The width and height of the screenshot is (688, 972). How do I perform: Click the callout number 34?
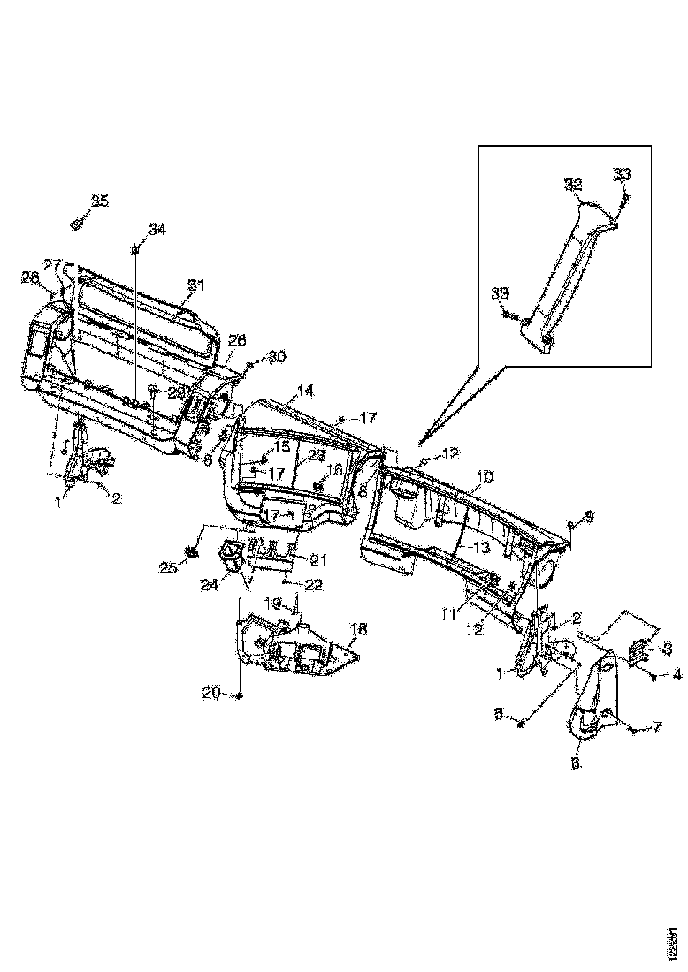click(157, 230)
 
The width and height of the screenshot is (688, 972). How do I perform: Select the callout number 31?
click(195, 285)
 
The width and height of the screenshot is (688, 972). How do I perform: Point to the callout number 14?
click(305, 390)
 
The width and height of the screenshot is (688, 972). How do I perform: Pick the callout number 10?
click(485, 477)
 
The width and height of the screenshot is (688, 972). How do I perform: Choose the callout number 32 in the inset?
click(575, 185)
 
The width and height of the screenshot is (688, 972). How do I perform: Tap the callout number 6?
click(576, 763)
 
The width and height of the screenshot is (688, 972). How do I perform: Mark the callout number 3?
click(667, 649)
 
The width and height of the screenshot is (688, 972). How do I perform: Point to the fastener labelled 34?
click(136, 250)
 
